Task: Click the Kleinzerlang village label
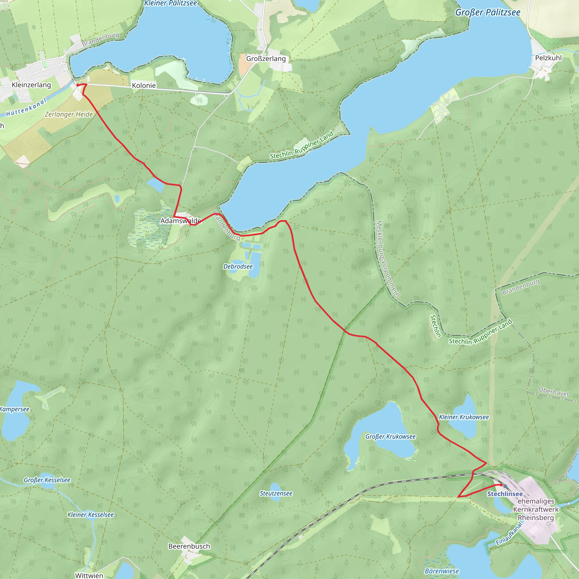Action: (31, 85)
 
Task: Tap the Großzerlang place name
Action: (266, 59)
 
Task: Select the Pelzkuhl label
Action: (548, 58)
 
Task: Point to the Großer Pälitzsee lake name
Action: (488, 12)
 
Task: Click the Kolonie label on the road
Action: (144, 85)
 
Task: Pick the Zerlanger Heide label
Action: (69, 114)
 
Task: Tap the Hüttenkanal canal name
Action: (27, 107)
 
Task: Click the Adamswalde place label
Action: (181, 221)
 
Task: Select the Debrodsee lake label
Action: (238, 266)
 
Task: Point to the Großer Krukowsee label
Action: (390, 437)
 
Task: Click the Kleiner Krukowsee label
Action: (464, 417)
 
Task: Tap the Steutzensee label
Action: (276, 494)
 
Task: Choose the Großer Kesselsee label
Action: (47, 480)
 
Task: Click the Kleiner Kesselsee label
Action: (90, 515)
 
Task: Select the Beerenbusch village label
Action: (189, 546)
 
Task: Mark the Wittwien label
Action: (89, 575)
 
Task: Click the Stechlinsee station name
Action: (505, 494)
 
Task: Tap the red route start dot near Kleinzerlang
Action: (78, 85)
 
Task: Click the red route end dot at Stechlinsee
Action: (501, 485)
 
